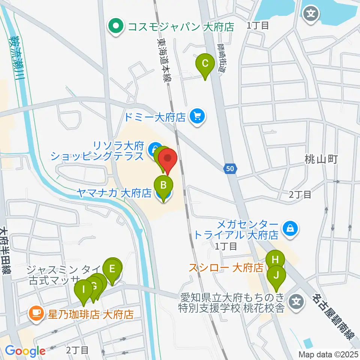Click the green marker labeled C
click(x=205, y=63)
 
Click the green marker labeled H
click(x=275, y=259)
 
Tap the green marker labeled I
click(x=83, y=289)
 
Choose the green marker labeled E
click(x=112, y=268)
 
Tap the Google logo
click(x=25, y=351)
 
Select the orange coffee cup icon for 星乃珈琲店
click(x=36, y=313)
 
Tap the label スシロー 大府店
click(x=226, y=268)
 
